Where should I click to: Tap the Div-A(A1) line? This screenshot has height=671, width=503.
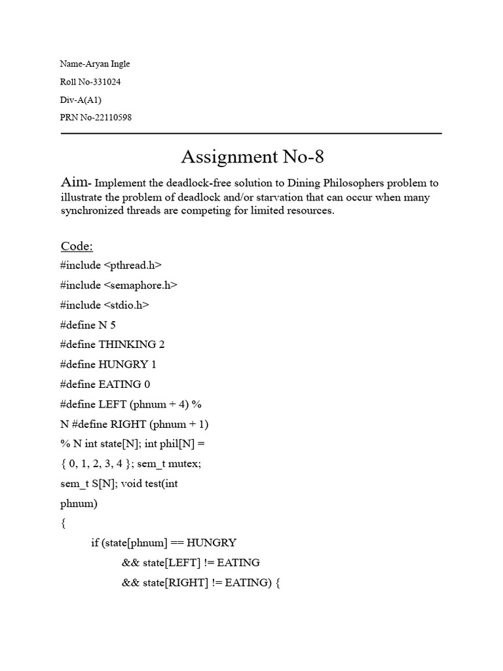click(x=81, y=100)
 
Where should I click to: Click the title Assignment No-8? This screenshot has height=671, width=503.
click(x=251, y=157)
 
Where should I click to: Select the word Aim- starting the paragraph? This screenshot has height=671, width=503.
click(x=77, y=183)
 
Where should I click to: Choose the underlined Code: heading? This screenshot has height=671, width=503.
click(x=77, y=246)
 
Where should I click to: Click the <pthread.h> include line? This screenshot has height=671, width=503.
click(x=111, y=265)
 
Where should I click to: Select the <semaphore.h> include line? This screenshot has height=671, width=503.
click(x=119, y=285)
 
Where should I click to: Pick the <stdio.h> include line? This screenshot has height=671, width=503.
click(x=105, y=305)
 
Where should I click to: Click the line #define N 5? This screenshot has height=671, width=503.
click(x=88, y=324)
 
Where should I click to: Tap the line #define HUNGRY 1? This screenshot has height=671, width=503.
click(x=108, y=364)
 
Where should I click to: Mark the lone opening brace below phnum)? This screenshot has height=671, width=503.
click(x=63, y=523)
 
